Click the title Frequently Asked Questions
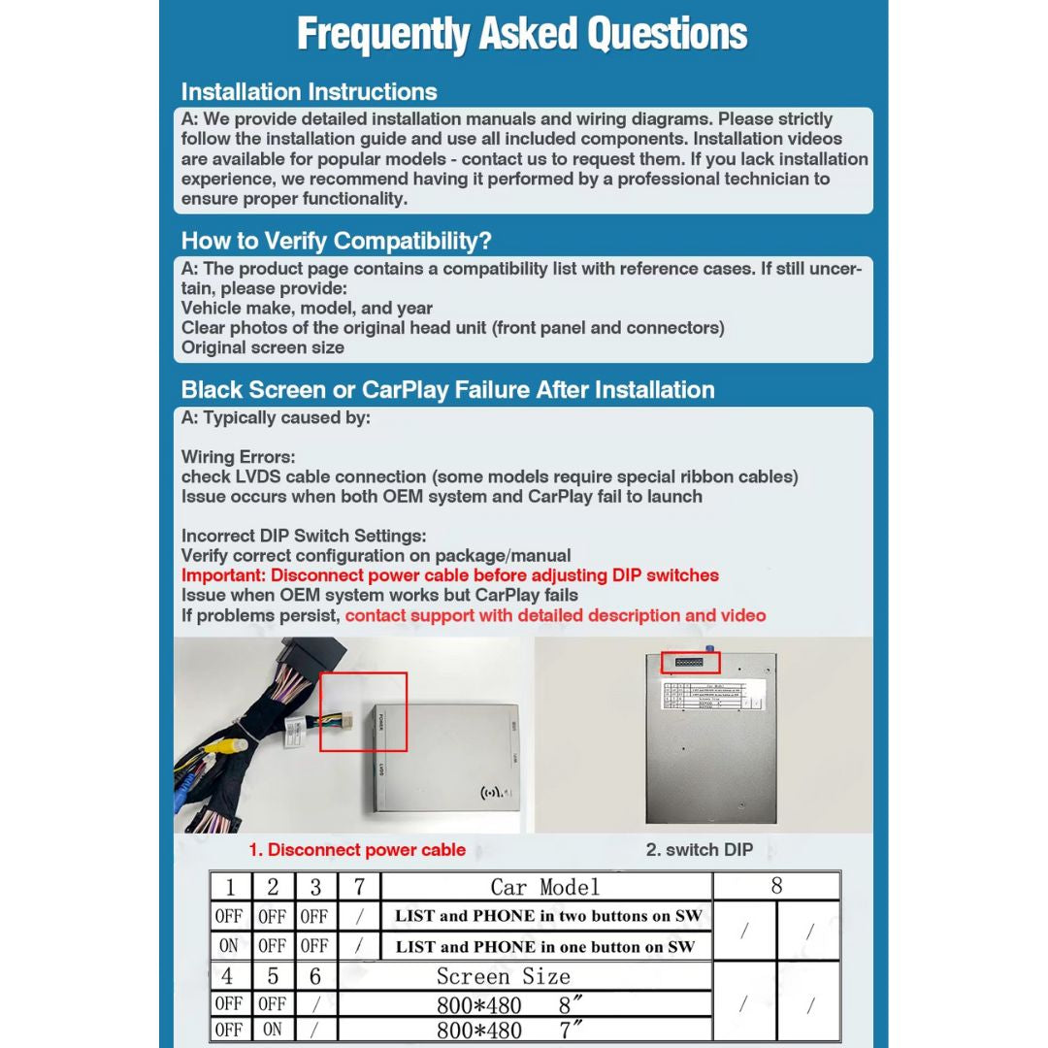click(x=522, y=34)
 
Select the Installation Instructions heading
click(x=309, y=92)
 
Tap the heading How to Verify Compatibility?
click(x=336, y=241)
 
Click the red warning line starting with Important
click(x=449, y=575)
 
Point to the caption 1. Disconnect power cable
click(x=356, y=850)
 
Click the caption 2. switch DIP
click(x=699, y=850)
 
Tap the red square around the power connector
click(x=364, y=711)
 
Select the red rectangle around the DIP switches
click(x=691, y=663)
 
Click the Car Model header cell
click(x=544, y=887)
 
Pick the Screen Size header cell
click(x=503, y=976)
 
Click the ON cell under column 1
click(x=229, y=946)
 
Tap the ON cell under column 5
click(x=273, y=1030)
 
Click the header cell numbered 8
click(x=776, y=886)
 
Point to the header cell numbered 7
click(x=359, y=887)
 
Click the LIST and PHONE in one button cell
click(x=544, y=946)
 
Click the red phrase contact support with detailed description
click(x=555, y=615)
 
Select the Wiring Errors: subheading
click(x=238, y=457)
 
